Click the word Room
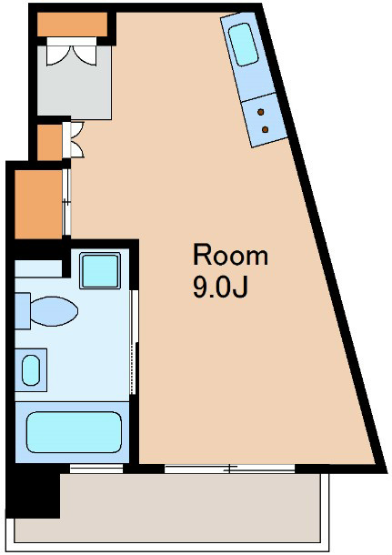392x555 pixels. point(230,254)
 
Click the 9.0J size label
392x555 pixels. point(220,286)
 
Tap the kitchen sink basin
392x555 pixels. point(243,45)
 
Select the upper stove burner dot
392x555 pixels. point(261,112)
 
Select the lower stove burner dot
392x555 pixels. point(265,129)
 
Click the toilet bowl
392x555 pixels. point(54,311)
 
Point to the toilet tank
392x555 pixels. point(23,311)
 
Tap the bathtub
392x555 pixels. point(74,432)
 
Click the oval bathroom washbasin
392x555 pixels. point(31,370)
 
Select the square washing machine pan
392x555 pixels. point(100,271)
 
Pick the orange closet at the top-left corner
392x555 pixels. point(72,24)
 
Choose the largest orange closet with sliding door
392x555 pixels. point(38,204)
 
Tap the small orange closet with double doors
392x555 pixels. point(49,142)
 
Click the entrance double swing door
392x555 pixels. point(72,52)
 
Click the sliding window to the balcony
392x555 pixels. point(229,469)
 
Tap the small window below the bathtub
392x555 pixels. point(96,469)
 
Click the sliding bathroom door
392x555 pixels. point(133,342)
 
